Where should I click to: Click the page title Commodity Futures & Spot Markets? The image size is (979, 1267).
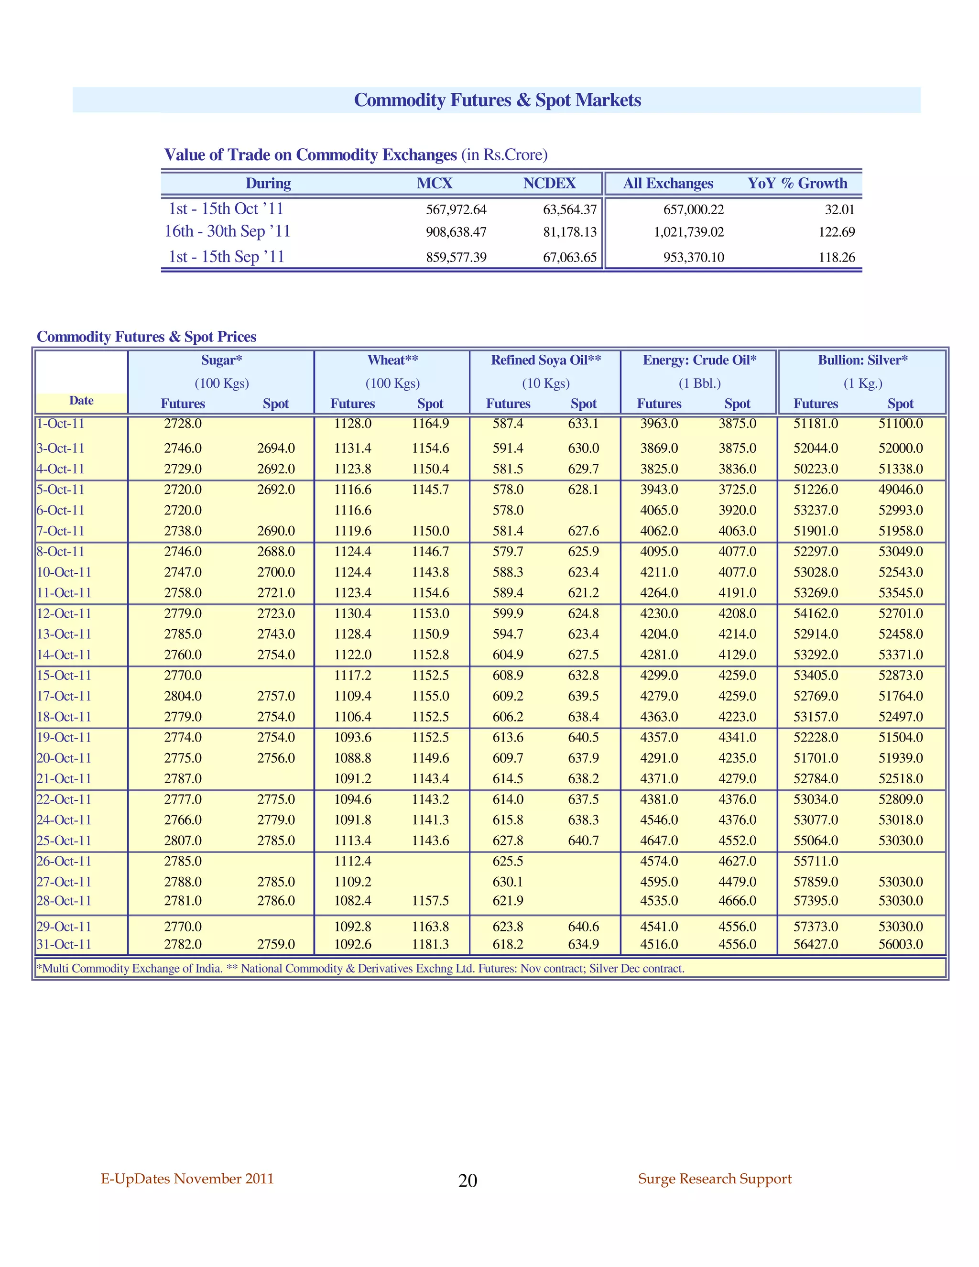pos(497,100)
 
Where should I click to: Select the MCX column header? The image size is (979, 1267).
pos(434,183)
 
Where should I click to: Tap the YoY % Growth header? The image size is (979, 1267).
pos(797,183)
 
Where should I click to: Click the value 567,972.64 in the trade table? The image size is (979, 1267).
pos(456,209)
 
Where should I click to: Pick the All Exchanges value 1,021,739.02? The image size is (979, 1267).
pos(688,232)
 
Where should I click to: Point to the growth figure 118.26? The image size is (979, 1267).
pos(837,257)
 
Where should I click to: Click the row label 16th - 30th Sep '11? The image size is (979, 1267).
pos(227,231)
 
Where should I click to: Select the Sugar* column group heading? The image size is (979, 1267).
pos(221,360)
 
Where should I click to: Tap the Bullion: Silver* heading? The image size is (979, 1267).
pos(862,360)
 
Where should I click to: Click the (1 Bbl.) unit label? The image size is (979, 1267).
pos(699,383)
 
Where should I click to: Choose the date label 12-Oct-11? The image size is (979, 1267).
pos(64,614)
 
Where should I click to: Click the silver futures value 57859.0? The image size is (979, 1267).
pos(816,882)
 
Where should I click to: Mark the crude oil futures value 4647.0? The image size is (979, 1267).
pos(659,841)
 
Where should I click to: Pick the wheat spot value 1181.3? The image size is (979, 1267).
pos(430,944)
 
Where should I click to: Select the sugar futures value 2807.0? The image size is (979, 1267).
pos(183,841)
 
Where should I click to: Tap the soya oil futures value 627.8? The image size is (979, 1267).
pos(508,841)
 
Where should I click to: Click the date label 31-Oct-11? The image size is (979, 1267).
pos(64,944)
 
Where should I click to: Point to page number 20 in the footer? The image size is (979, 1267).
pos(468,1180)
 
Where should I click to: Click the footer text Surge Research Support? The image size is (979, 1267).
pos(715,1179)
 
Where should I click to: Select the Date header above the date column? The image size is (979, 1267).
pos(81,400)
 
